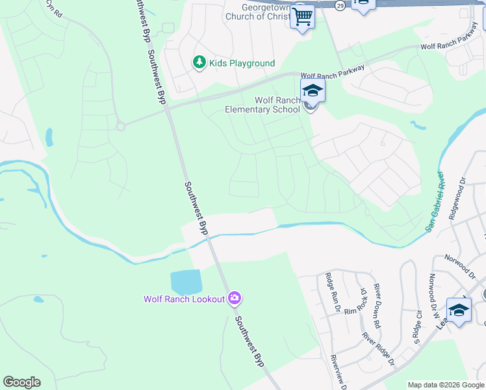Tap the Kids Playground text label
[242, 63]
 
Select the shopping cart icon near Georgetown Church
[303, 17]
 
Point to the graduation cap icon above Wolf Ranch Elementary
[313, 91]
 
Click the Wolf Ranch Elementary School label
[262, 105]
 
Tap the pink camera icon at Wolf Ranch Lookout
[235, 298]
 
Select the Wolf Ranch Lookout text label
[184, 299]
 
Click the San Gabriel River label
[435, 202]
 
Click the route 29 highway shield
[340, 5]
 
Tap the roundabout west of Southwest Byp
[121, 126]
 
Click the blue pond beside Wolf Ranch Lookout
[186, 282]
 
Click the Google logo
[21, 382]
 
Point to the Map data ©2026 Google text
[445, 385]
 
